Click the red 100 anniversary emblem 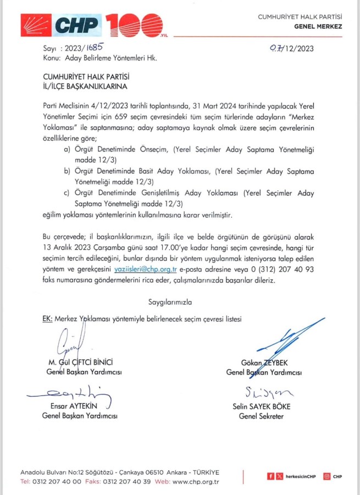pyautogui.click(x=135, y=24)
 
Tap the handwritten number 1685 pyautogui.click(x=91, y=48)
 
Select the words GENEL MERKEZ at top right pyautogui.click(x=318, y=26)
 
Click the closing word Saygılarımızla pyautogui.click(x=170, y=302)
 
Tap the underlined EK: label pyautogui.click(x=47, y=319)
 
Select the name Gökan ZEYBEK pyautogui.click(x=264, y=363)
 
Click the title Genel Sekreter pyautogui.click(x=261, y=416)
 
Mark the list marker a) pyautogui.click(x=67, y=149)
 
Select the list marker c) pyautogui.click(x=67, y=193)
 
